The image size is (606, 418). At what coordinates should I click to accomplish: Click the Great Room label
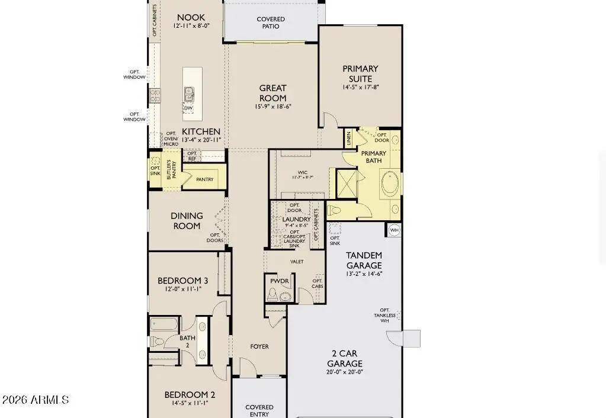(x=272, y=93)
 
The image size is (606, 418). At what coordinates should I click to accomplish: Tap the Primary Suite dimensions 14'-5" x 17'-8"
(x=360, y=87)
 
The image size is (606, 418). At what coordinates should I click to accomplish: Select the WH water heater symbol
(x=395, y=230)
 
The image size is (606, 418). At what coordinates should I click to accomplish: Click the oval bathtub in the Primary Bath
(x=390, y=184)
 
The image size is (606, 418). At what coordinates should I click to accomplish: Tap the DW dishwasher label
(x=188, y=108)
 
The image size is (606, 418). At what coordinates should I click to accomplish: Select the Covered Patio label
(x=271, y=22)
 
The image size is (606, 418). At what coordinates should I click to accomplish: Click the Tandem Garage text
(x=364, y=261)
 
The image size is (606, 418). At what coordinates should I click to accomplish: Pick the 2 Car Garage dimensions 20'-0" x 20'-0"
(x=344, y=372)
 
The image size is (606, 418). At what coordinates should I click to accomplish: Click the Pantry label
(x=204, y=179)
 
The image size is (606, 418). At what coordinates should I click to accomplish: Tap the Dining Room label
(x=187, y=221)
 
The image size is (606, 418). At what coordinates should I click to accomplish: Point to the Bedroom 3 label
(x=182, y=281)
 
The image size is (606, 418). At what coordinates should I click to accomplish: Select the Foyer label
(x=259, y=346)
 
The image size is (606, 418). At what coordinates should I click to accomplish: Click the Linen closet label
(x=349, y=139)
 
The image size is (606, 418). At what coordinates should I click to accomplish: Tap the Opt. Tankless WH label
(x=385, y=315)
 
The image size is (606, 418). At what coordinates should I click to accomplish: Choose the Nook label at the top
(x=191, y=18)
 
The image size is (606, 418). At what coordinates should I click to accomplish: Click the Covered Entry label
(x=259, y=410)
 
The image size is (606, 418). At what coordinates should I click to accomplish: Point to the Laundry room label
(x=296, y=219)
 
